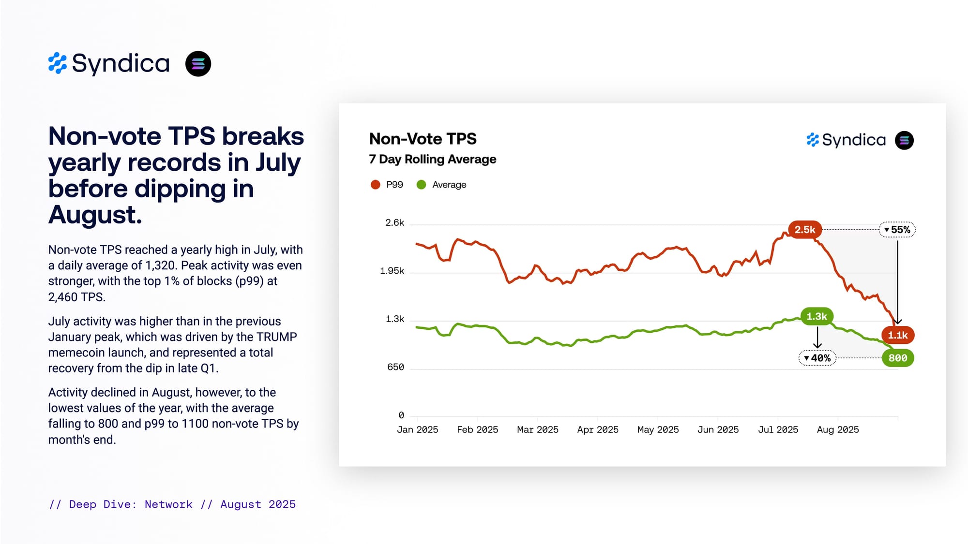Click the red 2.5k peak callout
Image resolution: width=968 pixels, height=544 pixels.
coord(804,230)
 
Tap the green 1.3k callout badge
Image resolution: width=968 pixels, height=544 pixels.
coord(817,317)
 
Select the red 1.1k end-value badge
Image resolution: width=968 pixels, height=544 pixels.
coord(897,335)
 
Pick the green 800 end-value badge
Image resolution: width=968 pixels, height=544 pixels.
coord(897,358)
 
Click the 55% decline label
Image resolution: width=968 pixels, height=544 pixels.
coord(897,230)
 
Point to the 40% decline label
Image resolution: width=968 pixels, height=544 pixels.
coord(817,358)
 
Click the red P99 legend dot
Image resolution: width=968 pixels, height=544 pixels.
coord(375,185)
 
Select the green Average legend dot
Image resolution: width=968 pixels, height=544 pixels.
coord(421,185)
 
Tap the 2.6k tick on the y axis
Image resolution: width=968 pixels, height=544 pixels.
coord(394,223)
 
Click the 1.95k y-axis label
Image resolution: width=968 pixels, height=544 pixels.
coord(392,271)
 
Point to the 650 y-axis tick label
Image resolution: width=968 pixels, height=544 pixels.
coord(395,368)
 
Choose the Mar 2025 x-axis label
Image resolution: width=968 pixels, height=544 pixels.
coord(537,430)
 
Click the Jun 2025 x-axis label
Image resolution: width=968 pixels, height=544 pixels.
coord(718,430)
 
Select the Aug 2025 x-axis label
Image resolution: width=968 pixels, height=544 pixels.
coord(838,430)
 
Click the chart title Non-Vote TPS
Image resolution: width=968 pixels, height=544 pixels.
coord(423,139)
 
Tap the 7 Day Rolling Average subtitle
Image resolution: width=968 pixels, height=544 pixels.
coord(432,160)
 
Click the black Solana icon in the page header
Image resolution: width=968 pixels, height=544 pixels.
coord(198,64)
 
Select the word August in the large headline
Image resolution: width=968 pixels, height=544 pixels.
coord(95,215)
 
